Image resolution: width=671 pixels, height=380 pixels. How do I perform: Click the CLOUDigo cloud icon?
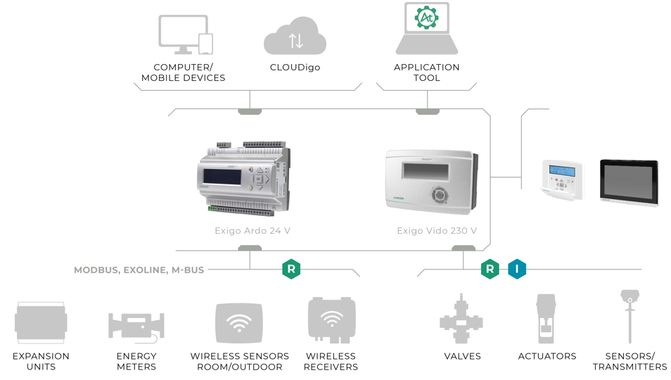(x=295, y=37)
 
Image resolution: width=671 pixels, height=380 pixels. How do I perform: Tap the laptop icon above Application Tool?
(x=426, y=29)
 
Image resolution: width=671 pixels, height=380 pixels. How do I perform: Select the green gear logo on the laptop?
(x=426, y=17)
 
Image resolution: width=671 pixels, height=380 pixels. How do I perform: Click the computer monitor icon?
(x=181, y=34)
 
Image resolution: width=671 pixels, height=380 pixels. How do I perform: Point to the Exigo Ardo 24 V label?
(x=253, y=230)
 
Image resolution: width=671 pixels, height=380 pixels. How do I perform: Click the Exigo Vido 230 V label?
(x=437, y=230)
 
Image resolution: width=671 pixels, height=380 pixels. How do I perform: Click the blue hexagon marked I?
(x=517, y=269)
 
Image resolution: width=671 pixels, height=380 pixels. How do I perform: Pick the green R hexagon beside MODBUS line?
(x=291, y=269)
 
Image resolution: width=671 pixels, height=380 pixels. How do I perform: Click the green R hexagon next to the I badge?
(x=490, y=269)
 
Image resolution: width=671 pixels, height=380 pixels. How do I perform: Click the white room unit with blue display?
(x=563, y=179)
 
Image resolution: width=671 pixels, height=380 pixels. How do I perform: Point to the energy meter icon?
(x=136, y=326)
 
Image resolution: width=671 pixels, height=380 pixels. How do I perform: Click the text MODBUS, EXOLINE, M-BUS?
(x=139, y=270)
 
